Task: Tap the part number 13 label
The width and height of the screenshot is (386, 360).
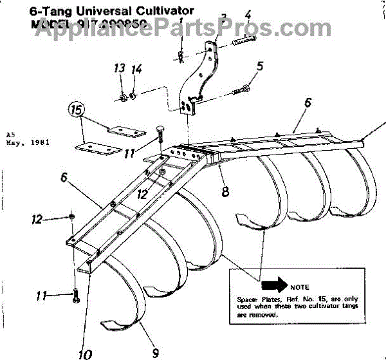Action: click(119, 70)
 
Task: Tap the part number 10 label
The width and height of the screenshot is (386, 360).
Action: click(85, 353)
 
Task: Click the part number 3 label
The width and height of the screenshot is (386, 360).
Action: click(223, 18)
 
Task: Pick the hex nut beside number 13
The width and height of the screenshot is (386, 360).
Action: click(121, 97)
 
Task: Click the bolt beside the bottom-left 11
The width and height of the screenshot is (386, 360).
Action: click(75, 297)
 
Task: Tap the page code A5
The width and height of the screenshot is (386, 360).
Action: click(10, 134)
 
